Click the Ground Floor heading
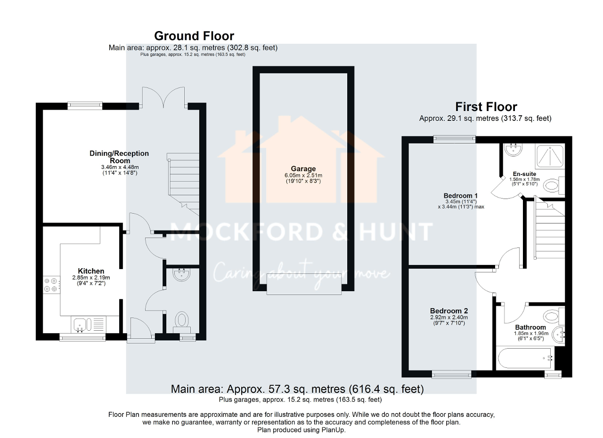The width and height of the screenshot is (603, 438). pyautogui.click(x=194, y=36)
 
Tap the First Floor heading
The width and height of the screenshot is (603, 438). pyautogui.click(x=486, y=107)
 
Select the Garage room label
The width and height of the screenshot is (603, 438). pyautogui.click(x=303, y=169)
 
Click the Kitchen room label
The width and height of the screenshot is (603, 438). pyautogui.click(x=91, y=271)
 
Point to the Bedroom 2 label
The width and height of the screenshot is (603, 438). pyautogui.click(x=448, y=311)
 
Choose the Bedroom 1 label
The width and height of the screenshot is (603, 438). pyautogui.click(x=460, y=196)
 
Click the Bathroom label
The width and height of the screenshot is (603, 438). pyautogui.click(x=530, y=327)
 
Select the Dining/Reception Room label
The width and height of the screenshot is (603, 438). pyautogui.click(x=119, y=157)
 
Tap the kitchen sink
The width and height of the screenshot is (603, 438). pyautogui.click(x=79, y=324)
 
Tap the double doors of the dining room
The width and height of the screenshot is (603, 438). pyautogui.click(x=163, y=97)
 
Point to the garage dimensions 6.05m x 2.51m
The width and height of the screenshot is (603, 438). pyautogui.click(x=303, y=175)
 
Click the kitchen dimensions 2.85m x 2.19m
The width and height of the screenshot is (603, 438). pyautogui.click(x=91, y=278)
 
